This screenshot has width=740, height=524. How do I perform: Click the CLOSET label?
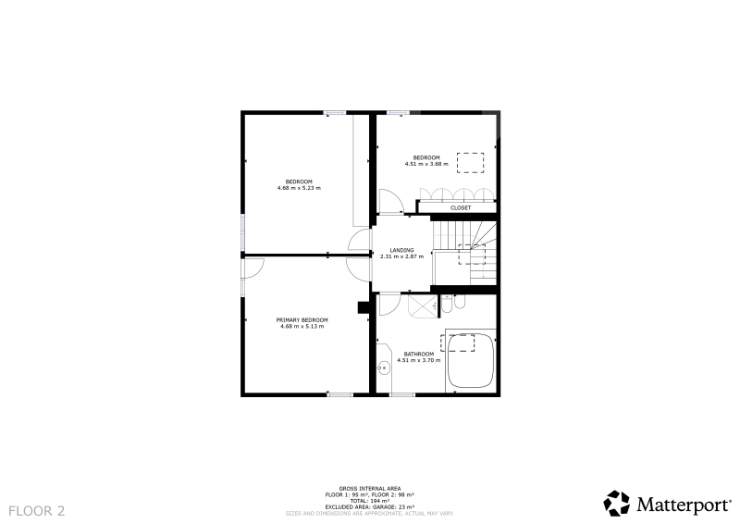pos(461,208)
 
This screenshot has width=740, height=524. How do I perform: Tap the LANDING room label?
pos(402,250)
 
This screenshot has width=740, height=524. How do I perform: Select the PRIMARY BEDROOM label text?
pos(302,320)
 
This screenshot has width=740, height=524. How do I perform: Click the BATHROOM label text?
pos(419,355)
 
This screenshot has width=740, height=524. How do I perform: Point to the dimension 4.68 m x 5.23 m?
pos(299,188)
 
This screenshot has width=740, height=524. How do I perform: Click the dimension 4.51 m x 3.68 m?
pos(426,165)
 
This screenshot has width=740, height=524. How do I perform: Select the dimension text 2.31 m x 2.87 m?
pos(402,256)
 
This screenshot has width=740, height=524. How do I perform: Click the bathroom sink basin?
pos(384,368)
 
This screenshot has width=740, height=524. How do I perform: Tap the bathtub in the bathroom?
pos(471,360)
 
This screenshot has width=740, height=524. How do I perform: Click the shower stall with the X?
pos(423,306)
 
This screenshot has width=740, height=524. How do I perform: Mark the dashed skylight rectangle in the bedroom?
pos(470,163)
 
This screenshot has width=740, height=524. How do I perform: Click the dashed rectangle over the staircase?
pos(472,255)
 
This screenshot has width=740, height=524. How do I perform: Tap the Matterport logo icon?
pos(616,504)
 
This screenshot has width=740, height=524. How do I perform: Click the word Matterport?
pos(684,505)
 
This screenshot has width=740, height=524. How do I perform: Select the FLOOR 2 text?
pos(37,511)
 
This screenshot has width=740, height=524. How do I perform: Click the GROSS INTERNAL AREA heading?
pos(370,489)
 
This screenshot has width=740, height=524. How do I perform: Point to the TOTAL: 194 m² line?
pos(370,501)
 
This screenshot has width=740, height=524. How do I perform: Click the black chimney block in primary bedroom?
pos(364,307)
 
